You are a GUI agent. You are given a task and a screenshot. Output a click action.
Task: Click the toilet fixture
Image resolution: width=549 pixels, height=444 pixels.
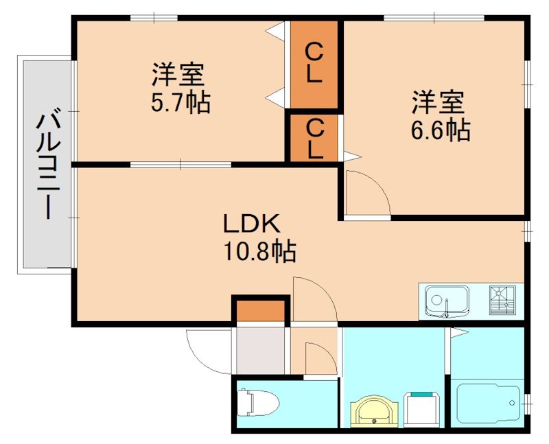pyautogui.click(x=258, y=403)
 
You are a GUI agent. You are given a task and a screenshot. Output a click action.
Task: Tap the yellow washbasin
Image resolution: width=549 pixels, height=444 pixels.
pyautogui.click(x=375, y=412)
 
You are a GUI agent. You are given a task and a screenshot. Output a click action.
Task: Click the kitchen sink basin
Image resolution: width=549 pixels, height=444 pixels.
pyautogui.click(x=447, y=301)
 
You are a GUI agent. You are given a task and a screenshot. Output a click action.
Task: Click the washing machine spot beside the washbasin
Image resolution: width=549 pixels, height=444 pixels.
pyautogui.click(x=422, y=410)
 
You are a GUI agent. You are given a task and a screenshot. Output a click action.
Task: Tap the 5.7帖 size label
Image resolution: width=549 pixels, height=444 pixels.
pyautogui.click(x=180, y=102)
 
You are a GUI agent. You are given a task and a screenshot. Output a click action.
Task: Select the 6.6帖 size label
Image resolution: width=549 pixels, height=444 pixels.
pyautogui.click(x=441, y=130)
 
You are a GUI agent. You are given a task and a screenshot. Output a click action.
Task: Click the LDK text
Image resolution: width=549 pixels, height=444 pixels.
pyautogui.click(x=252, y=224)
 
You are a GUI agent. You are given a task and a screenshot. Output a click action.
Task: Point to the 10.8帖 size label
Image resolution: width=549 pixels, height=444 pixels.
pyautogui.click(x=259, y=251)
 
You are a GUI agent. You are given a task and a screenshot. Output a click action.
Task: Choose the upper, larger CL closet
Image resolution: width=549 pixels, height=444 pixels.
pyautogui.click(x=314, y=65)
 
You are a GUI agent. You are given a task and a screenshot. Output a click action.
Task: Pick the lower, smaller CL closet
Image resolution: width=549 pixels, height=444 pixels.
pyautogui.click(x=314, y=138)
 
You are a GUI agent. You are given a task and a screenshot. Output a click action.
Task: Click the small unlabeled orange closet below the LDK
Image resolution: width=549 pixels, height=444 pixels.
pyautogui.click(x=260, y=311)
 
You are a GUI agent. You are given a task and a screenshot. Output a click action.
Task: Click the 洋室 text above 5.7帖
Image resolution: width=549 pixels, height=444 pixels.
pyautogui.click(x=178, y=74)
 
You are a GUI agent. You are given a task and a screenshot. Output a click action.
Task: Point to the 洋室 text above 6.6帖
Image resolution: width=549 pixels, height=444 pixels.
pyautogui.click(x=438, y=102)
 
